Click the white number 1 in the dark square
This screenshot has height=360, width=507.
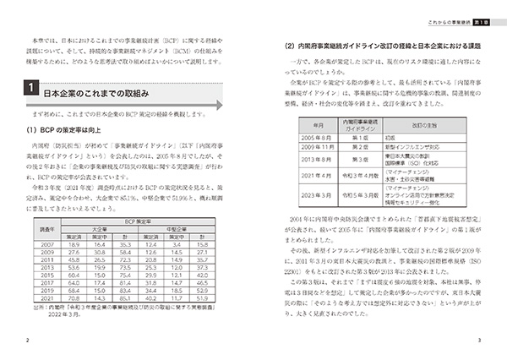point(30,88)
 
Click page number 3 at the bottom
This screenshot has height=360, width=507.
point(479,341)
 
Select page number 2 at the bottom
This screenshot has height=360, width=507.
point(29,341)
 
